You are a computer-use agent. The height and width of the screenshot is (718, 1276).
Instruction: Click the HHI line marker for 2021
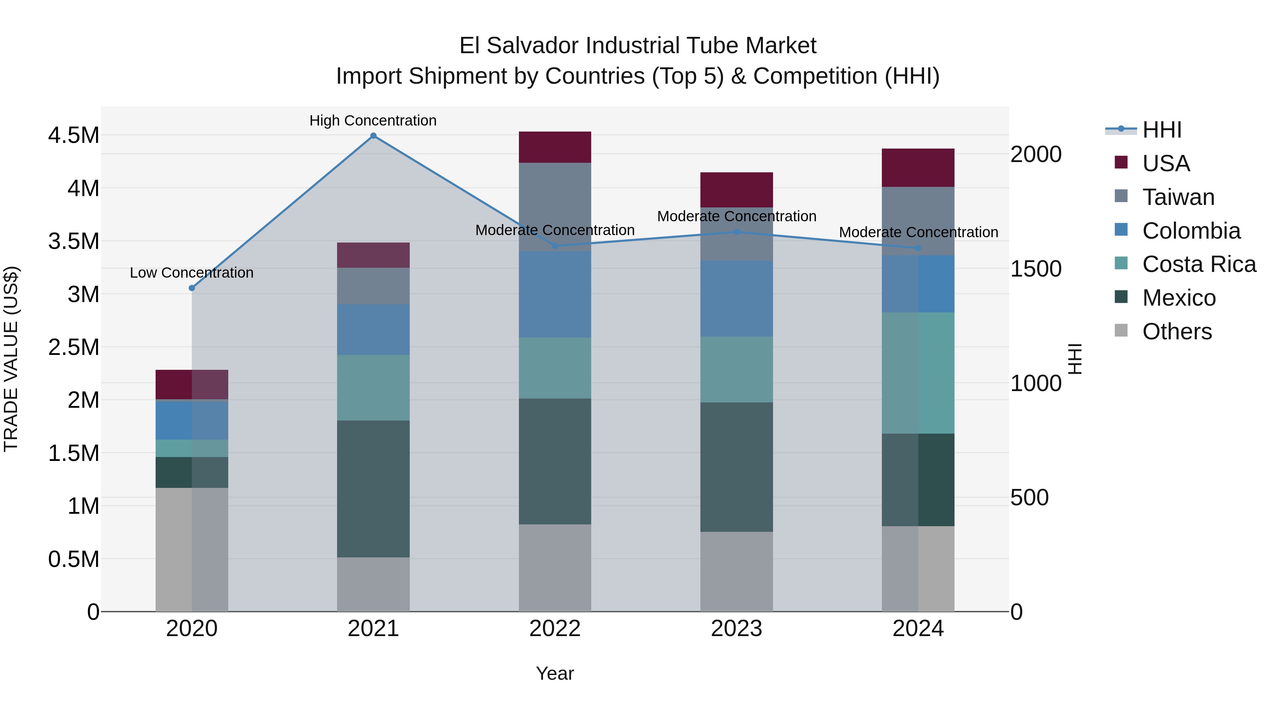pos(374,136)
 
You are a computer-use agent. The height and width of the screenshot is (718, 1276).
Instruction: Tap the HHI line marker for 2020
pos(192,288)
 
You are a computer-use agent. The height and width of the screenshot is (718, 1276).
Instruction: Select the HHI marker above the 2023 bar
pos(737,232)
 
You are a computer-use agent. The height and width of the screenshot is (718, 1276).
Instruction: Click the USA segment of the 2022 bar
pos(555,147)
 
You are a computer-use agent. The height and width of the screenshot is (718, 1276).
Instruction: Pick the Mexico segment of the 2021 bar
pos(374,489)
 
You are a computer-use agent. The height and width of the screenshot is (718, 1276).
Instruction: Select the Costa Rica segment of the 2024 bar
pos(918,373)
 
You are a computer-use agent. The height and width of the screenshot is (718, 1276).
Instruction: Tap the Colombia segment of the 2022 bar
pos(555,294)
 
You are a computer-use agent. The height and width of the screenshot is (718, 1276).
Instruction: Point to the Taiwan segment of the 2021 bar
pos(374,286)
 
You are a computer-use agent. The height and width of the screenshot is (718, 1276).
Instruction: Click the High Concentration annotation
pos(373,121)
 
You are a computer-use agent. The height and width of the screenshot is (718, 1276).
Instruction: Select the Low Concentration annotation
pos(192,273)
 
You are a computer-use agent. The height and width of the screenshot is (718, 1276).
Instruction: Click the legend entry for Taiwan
pos(1178,197)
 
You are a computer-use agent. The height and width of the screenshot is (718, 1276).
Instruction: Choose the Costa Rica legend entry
pos(1199,264)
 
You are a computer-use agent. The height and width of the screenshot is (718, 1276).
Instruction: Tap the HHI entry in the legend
pos(1162,130)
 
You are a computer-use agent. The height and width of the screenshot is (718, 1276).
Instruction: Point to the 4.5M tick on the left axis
pos(73,135)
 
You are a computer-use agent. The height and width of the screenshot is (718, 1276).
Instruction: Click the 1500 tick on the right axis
pos(1036,269)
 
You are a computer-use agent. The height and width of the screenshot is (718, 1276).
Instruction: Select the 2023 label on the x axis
pos(737,629)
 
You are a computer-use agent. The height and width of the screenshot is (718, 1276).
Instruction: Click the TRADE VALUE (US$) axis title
pos(11,359)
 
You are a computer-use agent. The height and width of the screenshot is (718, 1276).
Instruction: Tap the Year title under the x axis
pos(555,673)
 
